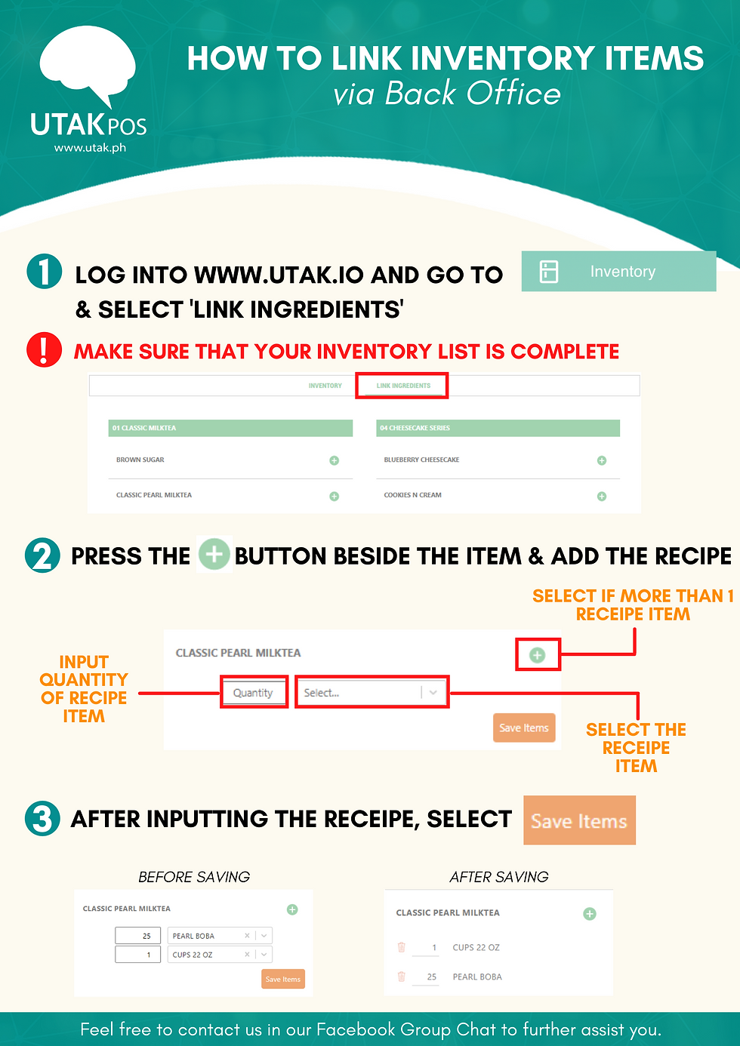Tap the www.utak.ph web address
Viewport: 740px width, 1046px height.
click(x=90, y=148)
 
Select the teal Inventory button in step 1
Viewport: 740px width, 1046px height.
click(x=618, y=271)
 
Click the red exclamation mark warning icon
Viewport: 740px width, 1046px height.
click(x=44, y=349)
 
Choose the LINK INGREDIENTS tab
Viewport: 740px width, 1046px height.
click(x=403, y=386)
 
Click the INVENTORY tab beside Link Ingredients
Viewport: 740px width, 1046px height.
click(x=325, y=386)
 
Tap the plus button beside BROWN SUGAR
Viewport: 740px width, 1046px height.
click(x=334, y=460)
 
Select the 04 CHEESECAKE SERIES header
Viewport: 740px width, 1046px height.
click(x=498, y=428)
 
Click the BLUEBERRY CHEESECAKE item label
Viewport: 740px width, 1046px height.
click(x=421, y=460)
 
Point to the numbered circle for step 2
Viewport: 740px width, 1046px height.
click(x=42, y=555)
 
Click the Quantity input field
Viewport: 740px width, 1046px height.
click(x=254, y=693)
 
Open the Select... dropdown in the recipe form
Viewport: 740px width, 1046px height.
click(x=372, y=693)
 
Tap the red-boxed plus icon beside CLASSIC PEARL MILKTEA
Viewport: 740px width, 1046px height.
click(x=537, y=655)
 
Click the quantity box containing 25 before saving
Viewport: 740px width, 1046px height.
click(x=138, y=935)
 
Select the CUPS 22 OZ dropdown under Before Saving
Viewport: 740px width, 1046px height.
click(x=220, y=955)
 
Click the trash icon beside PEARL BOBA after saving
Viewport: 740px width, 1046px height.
click(x=401, y=977)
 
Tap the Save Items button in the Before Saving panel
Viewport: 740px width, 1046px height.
click(x=283, y=979)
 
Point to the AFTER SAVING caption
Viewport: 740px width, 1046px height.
click(x=499, y=877)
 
